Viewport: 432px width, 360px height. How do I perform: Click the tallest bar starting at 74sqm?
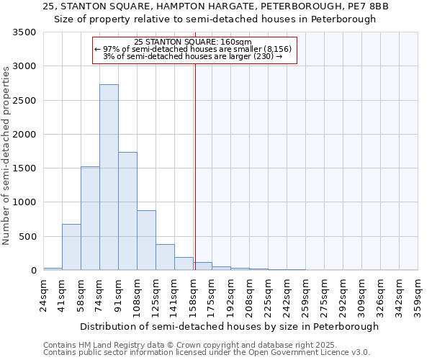click(109, 177)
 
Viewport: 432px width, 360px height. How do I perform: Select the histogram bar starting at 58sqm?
click(90, 218)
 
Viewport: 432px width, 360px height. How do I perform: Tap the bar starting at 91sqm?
click(127, 211)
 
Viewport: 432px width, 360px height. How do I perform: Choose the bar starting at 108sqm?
click(146, 240)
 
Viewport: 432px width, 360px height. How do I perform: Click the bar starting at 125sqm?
click(165, 257)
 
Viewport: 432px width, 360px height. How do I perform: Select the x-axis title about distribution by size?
click(229, 326)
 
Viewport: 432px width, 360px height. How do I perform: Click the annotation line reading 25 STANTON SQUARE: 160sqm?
click(193, 42)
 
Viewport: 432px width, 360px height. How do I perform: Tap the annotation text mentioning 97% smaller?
click(193, 49)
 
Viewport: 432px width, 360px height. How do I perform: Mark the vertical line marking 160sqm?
click(194, 166)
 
